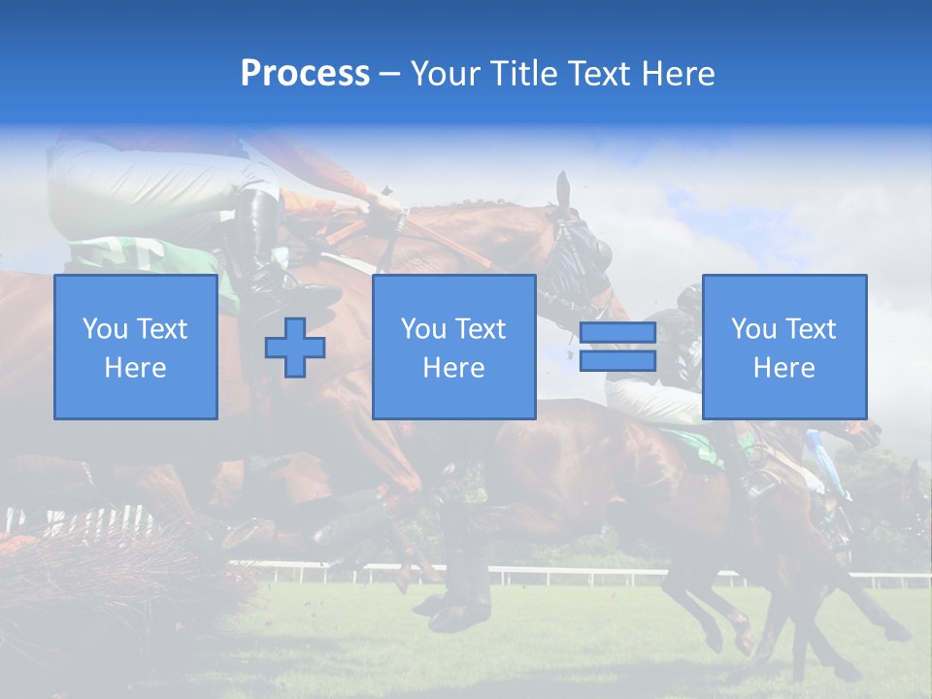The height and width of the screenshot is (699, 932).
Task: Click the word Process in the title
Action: (305, 74)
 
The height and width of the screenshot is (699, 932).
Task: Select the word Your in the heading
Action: (447, 74)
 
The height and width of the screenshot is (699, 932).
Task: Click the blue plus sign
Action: (295, 348)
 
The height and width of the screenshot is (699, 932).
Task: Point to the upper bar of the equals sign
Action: (617, 333)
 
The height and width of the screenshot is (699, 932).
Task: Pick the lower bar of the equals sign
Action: (617, 360)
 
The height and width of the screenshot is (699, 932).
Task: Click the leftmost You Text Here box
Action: (136, 347)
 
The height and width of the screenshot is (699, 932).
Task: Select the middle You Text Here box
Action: (453, 347)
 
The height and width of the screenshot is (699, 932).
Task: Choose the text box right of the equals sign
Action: (784, 347)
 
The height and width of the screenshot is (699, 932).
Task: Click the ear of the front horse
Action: (563, 191)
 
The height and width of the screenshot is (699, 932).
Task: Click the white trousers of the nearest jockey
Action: (146, 184)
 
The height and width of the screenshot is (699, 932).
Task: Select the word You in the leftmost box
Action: (105, 329)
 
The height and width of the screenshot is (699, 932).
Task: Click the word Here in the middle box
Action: (453, 368)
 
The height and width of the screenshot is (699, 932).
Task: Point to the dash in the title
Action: (390, 74)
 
